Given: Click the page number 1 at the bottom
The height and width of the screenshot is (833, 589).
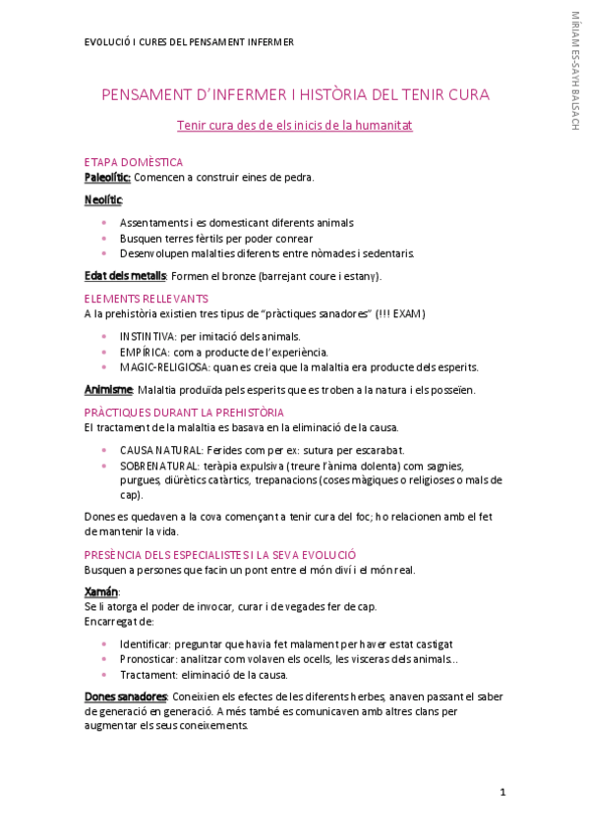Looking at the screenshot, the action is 502,792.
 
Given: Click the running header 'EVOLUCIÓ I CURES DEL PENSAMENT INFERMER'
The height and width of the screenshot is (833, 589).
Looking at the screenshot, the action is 189,42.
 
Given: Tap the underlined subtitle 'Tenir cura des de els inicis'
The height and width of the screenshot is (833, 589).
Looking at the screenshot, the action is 294,126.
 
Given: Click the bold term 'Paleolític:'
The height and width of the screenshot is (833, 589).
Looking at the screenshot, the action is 107,177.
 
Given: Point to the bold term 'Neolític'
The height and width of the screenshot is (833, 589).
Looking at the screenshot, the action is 103,200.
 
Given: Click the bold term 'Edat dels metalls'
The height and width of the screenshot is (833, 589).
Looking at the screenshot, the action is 125,276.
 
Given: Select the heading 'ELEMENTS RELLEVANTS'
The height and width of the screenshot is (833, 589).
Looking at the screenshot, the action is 146,299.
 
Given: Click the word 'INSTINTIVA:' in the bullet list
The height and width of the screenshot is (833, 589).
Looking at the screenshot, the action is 148,336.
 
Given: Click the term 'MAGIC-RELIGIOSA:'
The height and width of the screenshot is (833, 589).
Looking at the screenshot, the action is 164,367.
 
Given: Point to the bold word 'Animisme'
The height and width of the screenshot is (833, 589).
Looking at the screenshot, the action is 108,390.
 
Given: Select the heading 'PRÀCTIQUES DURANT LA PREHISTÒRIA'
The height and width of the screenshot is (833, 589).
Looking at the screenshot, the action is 184,413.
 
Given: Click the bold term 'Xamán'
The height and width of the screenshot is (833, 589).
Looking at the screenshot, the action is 101,591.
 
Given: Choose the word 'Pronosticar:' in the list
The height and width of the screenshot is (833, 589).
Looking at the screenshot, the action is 149,659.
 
